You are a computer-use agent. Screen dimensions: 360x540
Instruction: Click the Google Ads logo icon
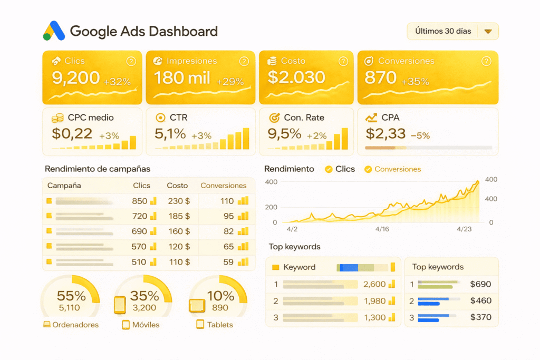point(54,31)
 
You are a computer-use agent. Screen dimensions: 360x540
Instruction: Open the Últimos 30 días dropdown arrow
point(488,32)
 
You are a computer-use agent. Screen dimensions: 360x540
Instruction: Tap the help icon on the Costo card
point(343,62)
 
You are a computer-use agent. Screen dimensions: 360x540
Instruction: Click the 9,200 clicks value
point(75,78)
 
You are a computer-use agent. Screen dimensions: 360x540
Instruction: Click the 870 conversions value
point(380,78)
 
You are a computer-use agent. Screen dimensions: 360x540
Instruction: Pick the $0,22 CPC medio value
point(72,134)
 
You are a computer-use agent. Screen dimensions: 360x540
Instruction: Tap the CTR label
point(179,118)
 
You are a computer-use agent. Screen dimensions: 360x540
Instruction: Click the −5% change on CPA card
point(420,135)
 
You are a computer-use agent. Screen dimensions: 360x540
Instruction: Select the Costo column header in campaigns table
point(177,186)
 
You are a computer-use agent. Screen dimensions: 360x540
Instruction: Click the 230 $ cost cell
point(179,201)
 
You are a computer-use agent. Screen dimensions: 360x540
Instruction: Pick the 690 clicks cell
point(139,231)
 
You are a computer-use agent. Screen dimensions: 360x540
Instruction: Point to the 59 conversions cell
point(228,262)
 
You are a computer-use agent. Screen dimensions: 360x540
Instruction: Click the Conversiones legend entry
point(398,169)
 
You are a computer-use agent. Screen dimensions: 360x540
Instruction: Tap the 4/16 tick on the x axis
point(382,229)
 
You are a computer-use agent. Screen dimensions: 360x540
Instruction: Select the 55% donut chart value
point(71,296)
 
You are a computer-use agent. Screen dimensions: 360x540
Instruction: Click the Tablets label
point(220,325)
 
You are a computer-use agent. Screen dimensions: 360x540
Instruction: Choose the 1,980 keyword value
point(374,301)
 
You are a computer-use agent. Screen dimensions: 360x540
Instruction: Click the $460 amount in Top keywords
point(480,301)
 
